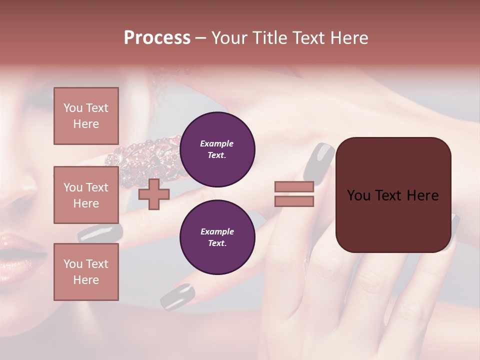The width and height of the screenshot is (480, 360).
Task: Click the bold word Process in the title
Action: [157, 38]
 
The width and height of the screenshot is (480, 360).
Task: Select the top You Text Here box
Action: [86, 116]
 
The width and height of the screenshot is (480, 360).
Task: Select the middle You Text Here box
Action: [86, 195]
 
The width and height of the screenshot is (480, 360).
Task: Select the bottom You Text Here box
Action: [86, 271]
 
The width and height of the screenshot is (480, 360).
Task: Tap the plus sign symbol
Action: [153, 194]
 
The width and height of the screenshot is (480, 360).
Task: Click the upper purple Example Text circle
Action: [217, 149]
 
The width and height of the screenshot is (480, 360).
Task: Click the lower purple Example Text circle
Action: [217, 237]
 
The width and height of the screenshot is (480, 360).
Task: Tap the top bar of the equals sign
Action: [294, 186]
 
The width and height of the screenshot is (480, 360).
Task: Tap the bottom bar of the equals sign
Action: [294, 201]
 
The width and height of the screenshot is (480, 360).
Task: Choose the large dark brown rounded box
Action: [393, 220]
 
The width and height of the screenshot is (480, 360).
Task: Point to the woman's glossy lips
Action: [20, 250]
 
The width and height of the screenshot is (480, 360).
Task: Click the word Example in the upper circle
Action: [216, 143]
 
